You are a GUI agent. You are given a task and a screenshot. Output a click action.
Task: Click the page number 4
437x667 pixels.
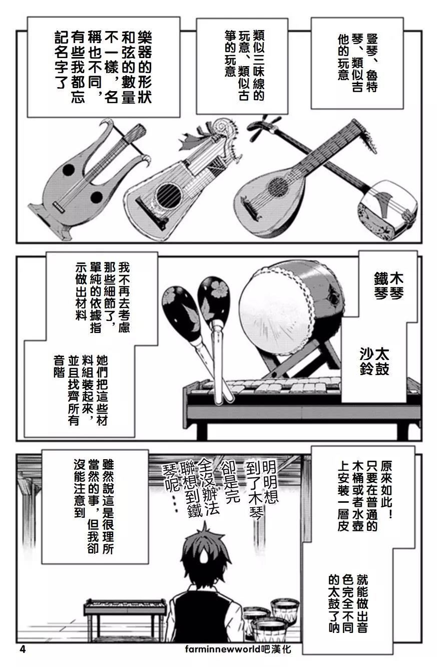23,649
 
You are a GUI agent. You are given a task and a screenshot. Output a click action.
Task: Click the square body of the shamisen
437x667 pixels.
386,201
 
